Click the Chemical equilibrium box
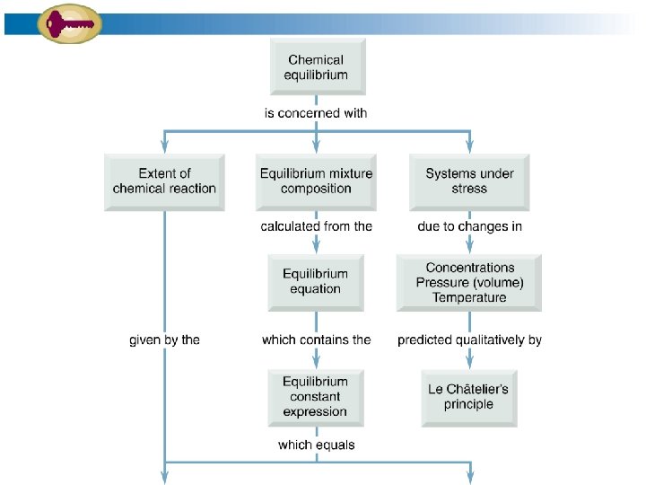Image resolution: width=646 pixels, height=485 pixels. point(315,67)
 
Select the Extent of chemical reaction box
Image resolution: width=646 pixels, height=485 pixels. point(164,181)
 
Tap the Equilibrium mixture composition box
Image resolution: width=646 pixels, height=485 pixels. point(316,181)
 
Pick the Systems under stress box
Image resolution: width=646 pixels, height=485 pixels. point(469,181)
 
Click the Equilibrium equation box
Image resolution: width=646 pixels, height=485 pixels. point(316,281)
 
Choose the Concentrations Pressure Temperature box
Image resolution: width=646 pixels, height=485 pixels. point(469,282)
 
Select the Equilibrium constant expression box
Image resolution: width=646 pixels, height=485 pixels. point(315,396)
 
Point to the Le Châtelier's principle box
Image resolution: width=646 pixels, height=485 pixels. point(468,396)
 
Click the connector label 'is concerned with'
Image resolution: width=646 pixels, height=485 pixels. point(315,113)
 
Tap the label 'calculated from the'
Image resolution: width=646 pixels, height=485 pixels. point(316,226)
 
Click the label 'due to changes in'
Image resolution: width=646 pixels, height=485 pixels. point(469,226)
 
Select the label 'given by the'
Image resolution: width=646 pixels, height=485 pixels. point(164,339)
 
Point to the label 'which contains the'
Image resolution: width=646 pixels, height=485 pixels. point(316,339)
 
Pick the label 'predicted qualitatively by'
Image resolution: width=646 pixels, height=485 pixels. point(469,339)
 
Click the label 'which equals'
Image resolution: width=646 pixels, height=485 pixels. point(316,445)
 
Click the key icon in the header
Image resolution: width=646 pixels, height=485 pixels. point(68,22)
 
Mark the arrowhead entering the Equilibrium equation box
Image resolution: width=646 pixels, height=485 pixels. point(316,249)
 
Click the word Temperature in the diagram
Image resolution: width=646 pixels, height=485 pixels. point(469,297)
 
